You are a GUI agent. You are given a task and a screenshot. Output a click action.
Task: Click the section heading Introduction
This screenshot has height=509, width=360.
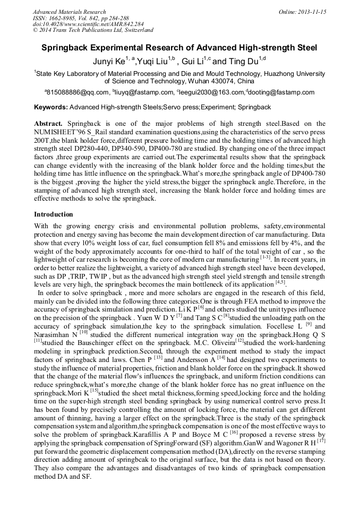click(x=54, y=214)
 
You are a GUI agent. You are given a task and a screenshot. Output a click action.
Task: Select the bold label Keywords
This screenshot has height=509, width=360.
click(x=50, y=107)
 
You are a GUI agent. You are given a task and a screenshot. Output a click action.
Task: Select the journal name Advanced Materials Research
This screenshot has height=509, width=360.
click(x=69, y=12)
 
